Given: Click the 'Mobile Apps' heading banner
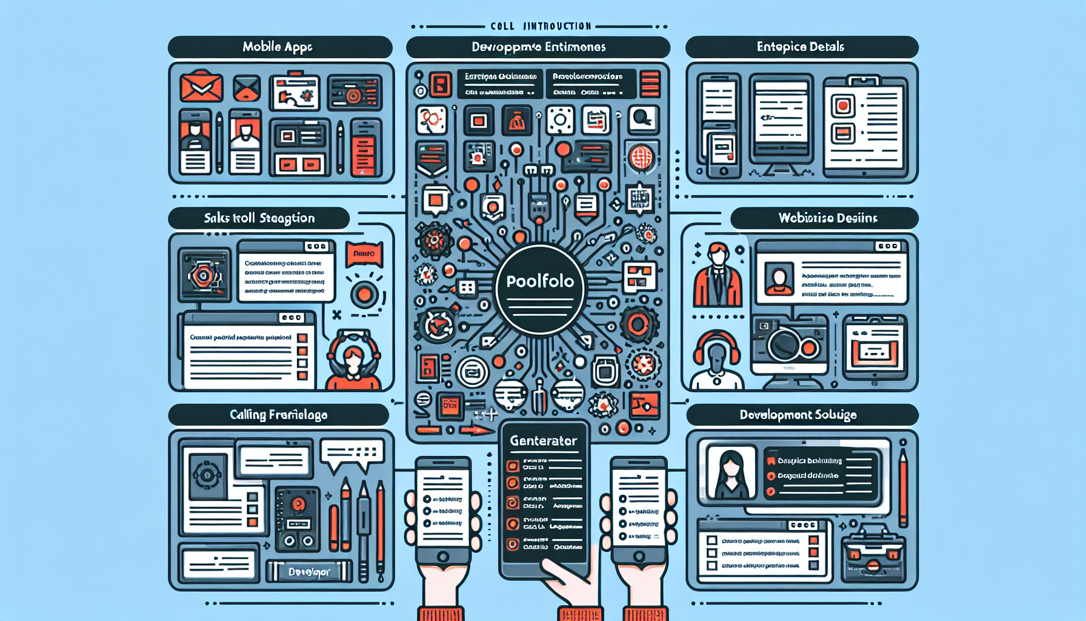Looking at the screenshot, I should pyautogui.click(x=279, y=47).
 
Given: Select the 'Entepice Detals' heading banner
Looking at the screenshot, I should pyautogui.click(x=801, y=47).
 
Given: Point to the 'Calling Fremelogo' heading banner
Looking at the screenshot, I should pyautogui.click(x=278, y=415).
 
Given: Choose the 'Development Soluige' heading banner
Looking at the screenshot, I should pyautogui.click(x=801, y=415).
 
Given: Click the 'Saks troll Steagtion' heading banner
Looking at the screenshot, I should pyautogui.click(x=259, y=218).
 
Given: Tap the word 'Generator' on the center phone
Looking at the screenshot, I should pyautogui.click(x=543, y=441).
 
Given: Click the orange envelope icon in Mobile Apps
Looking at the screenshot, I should pyautogui.click(x=201, y=86).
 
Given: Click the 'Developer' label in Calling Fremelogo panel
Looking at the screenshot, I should pyautogui.click(x=309, y=571).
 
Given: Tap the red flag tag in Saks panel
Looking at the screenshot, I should pyautogui.click(x=364, y=253).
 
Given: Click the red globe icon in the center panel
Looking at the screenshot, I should pyautogui.click(x=641, y=158).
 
